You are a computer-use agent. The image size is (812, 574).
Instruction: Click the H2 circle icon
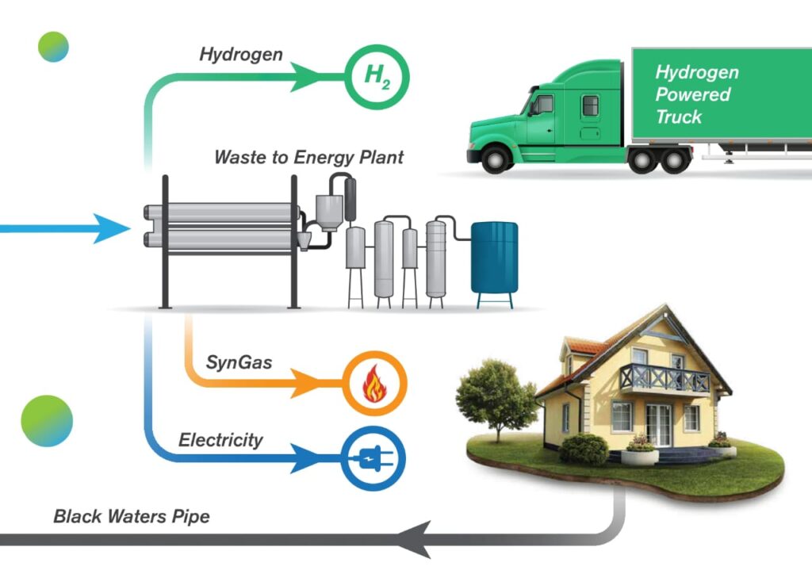pos(376,77)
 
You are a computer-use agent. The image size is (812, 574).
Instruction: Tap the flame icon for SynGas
pos(373,384)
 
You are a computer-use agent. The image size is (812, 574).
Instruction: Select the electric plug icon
pos(373,458)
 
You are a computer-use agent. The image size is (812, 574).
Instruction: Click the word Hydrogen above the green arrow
pos(241,55)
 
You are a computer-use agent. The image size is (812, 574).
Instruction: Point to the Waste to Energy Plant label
pos(308,157)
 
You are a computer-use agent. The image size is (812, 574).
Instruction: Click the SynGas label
pos(239,363)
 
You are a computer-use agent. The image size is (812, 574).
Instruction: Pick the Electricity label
pos(220,440)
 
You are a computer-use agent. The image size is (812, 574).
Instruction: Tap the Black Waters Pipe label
pos(132,517)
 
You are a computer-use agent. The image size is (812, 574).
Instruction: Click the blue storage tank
pos(494,258)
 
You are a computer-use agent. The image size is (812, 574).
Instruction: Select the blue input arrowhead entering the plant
pos(112,229)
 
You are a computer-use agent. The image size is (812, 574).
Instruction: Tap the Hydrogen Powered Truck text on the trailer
pos(695,94)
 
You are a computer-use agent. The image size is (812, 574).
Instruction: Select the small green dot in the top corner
pos(54,47)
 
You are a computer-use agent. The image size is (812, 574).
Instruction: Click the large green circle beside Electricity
pos(47,420)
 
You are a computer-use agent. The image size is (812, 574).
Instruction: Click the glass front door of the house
pos(658,425)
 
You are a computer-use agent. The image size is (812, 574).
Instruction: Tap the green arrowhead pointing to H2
pos(306,77)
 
